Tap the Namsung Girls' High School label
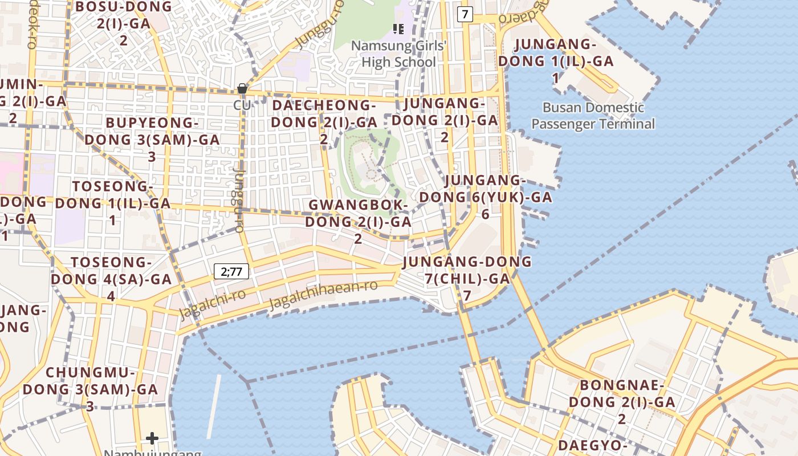[x=398, y=54]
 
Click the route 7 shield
[x=465, y=15]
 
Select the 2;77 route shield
[x=231, y=271]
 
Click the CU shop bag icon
[x=242, y=88]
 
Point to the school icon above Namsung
[x=398, y=28]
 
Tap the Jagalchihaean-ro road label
[x=323, y=294]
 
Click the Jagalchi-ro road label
[x=212, y=304]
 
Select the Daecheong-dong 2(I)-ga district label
[x=324, y=121]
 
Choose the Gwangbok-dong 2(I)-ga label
[x=358, y=221]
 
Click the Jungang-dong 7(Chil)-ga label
[x=467, y=278]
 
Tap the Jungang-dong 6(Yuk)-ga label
[x=486, y=197]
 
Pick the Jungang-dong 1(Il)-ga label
[x=555, y=60]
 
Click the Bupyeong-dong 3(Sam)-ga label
[x=152, y=139]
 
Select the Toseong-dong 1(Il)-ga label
[x=113, y=202]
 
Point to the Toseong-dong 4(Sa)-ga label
[x=111, y=279]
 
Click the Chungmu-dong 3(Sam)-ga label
[x=90, y=389]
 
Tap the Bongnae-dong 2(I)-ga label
[x=622, y=401]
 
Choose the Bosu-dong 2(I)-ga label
[x=124, y=23]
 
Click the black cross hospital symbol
[x=152, y=438]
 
